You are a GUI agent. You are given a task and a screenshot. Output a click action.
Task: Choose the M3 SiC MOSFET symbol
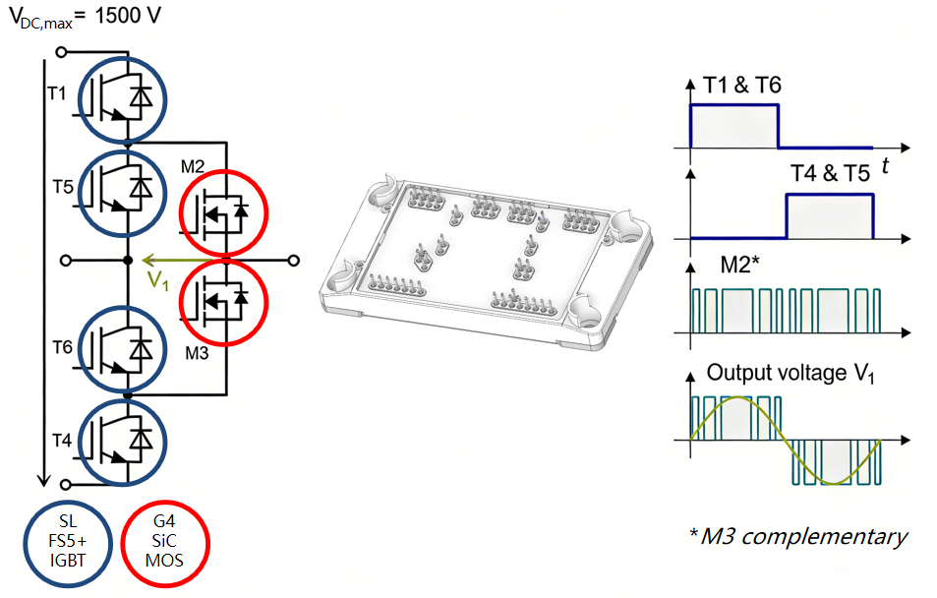coord(223,301)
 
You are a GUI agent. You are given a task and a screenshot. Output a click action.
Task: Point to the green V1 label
coord(157,279)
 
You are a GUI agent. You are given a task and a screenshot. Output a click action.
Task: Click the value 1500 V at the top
coord(127,19)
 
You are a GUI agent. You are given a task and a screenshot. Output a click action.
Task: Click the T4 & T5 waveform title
coord(830,174)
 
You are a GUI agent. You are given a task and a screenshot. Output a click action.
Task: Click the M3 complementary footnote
coord(797,536)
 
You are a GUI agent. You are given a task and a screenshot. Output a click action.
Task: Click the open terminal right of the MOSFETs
coord(292,261)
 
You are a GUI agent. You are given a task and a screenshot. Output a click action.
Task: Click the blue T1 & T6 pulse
coord(734,125)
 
